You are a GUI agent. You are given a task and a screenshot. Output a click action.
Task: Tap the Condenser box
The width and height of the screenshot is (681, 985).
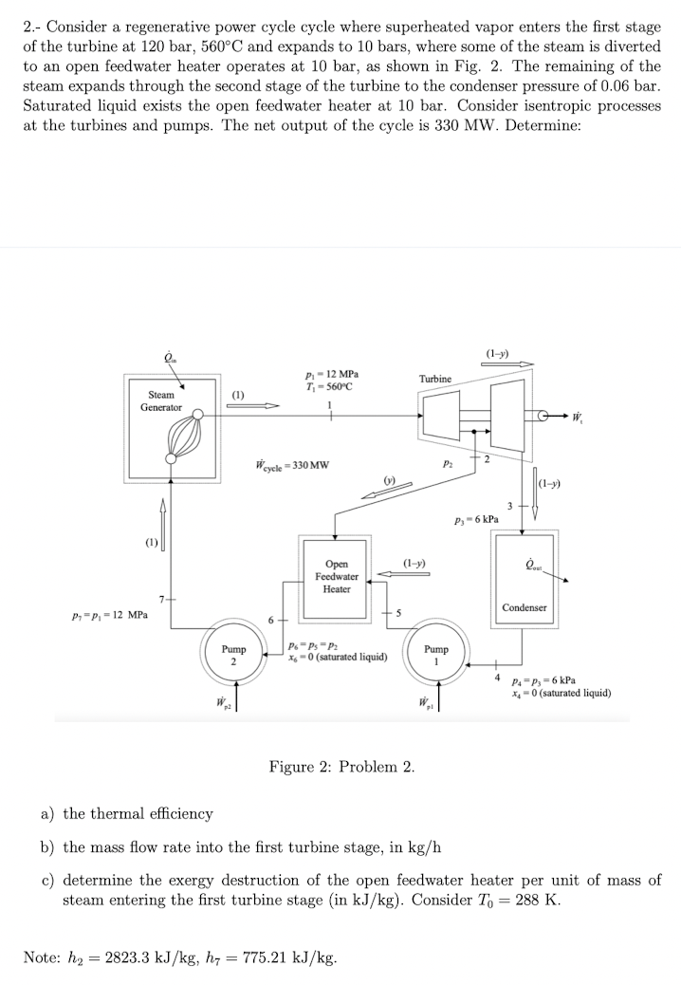[525, 579]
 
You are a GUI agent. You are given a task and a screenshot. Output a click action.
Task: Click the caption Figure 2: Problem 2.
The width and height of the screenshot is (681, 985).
[341, 766]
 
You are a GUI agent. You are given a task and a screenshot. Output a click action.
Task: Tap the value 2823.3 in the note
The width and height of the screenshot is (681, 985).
[133, 957]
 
